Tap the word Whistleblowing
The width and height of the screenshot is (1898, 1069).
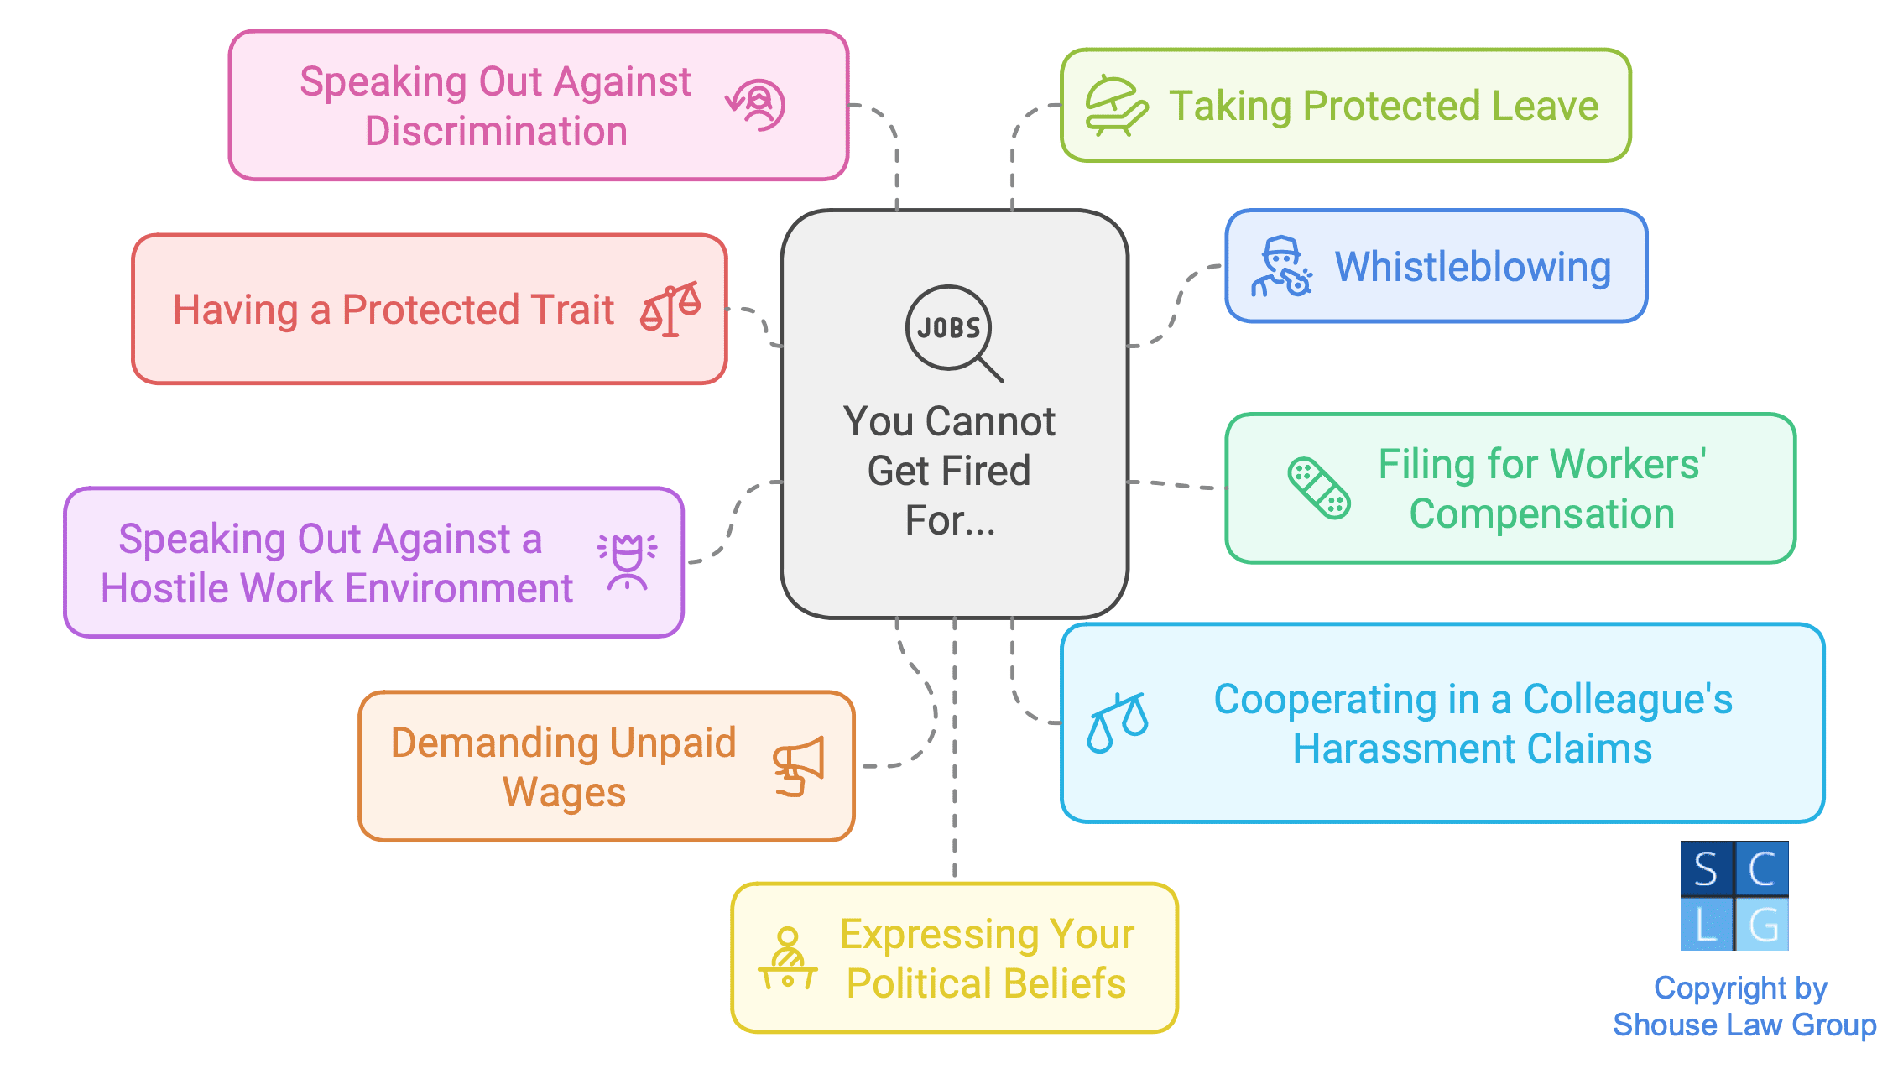pyautogui.click(x=1473, y=267)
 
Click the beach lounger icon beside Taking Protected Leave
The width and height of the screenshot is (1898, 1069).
pyautogui.click(x=1115, y=106)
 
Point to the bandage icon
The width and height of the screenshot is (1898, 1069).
pyautogui.click(x=1319, y=488)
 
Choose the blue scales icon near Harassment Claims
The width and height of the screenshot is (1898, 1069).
pyautogui.click(x=1117, y=722)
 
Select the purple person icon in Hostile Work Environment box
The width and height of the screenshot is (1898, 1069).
pyautogui.click(x=627, y=561)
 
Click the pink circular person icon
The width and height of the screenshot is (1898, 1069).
pyautogui.click(x=757, y=106)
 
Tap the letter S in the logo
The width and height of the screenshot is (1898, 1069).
pyautogui.click(x=1706, y=869)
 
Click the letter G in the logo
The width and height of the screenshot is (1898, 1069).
pyautogui.click(x=1762, y=924)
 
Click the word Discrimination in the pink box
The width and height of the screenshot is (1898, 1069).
pyautogui.click(x=496, y=132)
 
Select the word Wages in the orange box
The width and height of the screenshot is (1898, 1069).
pyautogui.click(x=564, y=792)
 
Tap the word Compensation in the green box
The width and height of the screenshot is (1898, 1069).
pyautogui.click(x=1541, y=514)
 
